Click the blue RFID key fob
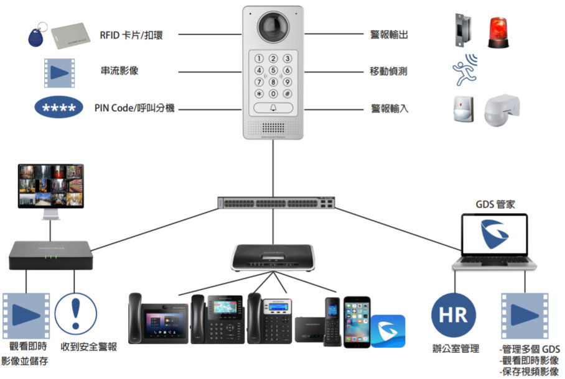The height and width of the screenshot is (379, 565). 34,37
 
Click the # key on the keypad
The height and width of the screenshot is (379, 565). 287,93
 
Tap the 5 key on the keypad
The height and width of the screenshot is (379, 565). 273,70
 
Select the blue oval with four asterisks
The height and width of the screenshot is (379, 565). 59,108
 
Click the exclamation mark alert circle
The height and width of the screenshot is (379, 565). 76,314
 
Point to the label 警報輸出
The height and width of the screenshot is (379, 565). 389,34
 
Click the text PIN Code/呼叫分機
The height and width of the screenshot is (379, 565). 134,108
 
